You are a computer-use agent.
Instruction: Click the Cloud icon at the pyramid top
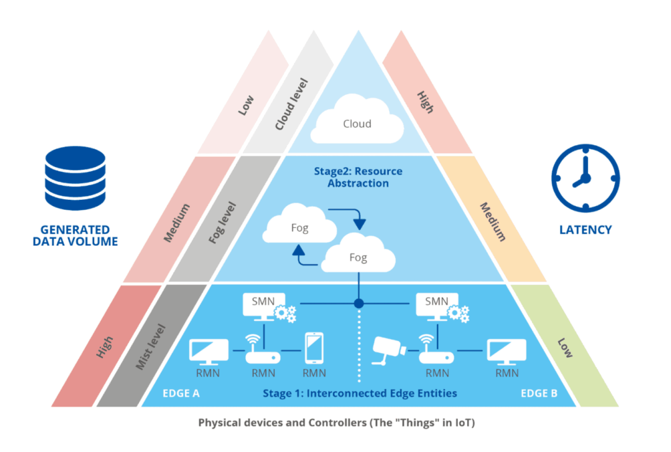point(358,122)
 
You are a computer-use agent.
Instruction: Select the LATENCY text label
point(585,229)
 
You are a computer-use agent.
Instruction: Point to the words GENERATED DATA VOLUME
point(75,236)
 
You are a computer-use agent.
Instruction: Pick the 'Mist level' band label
point(151,346)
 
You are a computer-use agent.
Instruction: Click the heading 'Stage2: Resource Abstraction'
point(358,177)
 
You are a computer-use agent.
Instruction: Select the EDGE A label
point(181,393)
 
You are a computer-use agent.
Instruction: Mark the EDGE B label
point(539,393)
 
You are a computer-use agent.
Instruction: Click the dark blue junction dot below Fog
point(359,304)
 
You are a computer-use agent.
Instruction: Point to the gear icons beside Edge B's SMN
point(459,312)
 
